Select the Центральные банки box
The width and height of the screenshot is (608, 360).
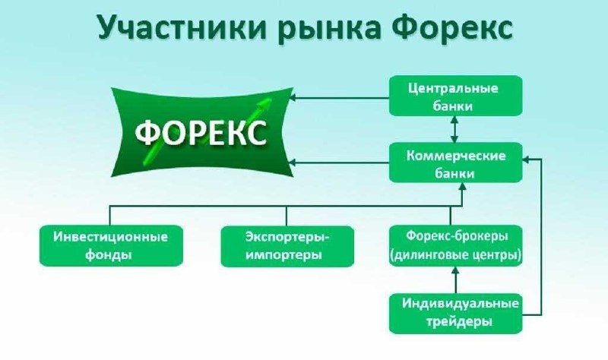pos(455,96)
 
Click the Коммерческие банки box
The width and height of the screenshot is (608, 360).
pos(455,163)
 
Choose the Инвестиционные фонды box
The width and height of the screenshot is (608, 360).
pos(111,245)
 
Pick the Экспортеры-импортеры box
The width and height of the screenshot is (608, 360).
pos(287,245)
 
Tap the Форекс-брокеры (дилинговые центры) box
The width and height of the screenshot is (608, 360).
pos(455,245)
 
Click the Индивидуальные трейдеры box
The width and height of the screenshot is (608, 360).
pos(455,312)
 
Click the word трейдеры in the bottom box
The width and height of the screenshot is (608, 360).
pos(455,321)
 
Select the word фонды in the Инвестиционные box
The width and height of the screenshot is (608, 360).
pos(111,255)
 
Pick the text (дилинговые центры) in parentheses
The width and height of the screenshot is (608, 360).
pos(455,255)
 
